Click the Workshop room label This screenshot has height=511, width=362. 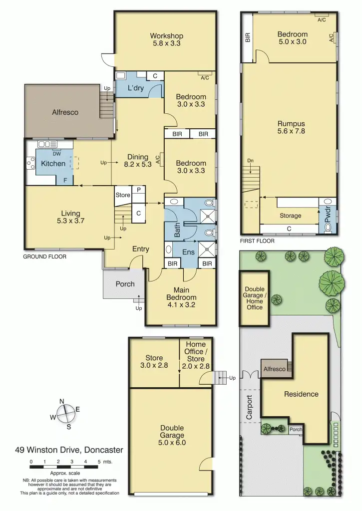pyautogui.click(x=166, y=39)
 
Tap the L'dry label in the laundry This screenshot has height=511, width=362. pyautogui.click(x=136, y=88)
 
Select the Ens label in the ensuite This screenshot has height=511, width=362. pyautogui.click(x=188, y=252)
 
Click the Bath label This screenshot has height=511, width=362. pyautogui.click(x=177, y=231)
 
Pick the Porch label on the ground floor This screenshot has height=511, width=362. pyautogui.click(x=125, y=284)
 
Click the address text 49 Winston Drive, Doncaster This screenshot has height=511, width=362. pyautogui.click(x=69, y=450)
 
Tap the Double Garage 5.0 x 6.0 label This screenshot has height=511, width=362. pyautogui.click(x=172, y=435)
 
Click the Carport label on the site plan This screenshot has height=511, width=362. pyautogui.click(x=250, y=408)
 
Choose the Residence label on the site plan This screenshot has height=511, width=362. pyautogui.click(x=301, y=394)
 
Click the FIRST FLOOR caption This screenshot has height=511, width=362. pyautogui.click(x=257, y=241)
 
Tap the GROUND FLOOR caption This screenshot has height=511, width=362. pyautogui.click(x=45, y=256)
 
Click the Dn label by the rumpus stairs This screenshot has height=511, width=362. pyautogui.click(x=250, y=161)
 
